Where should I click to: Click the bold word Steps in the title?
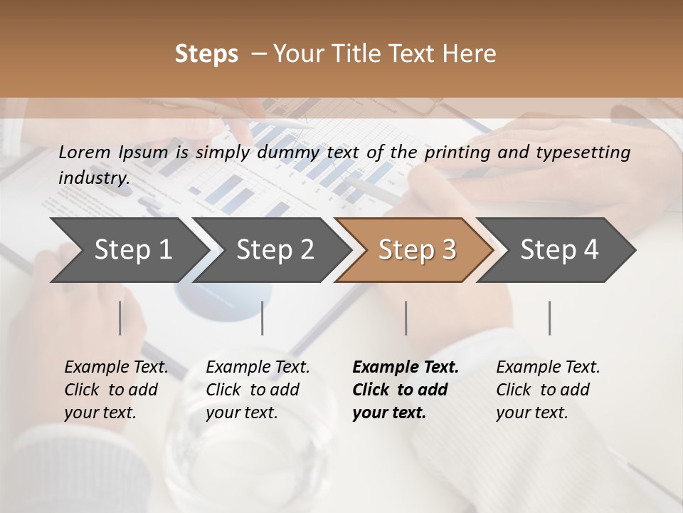point(206,54)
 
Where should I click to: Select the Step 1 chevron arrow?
point(128,250)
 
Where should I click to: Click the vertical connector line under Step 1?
point(120,318)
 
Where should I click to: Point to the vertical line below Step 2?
point(263,318)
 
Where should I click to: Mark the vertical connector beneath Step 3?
point(406,318)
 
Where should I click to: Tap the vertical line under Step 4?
point(549,318)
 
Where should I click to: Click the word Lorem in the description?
point(85,152)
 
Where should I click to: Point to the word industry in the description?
point(94,178)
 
